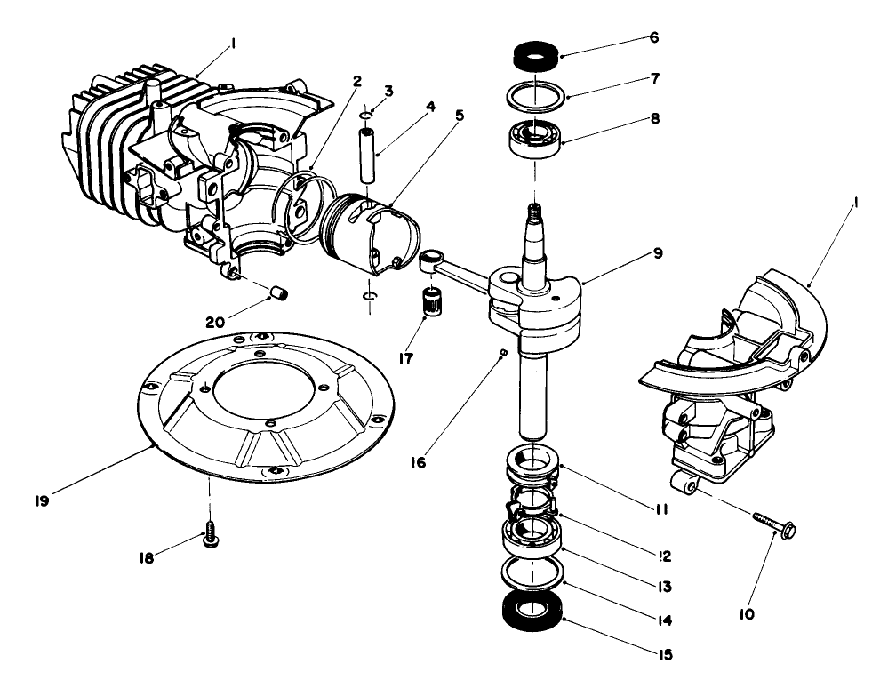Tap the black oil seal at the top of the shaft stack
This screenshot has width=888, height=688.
[534, 57]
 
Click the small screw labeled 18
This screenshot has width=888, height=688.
[211, 539]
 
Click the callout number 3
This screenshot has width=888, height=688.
[388, 92]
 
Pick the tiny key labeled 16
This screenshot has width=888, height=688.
[504, 353]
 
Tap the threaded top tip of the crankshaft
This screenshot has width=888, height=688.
[533, 212]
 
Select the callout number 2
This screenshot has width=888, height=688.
[356, 81]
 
